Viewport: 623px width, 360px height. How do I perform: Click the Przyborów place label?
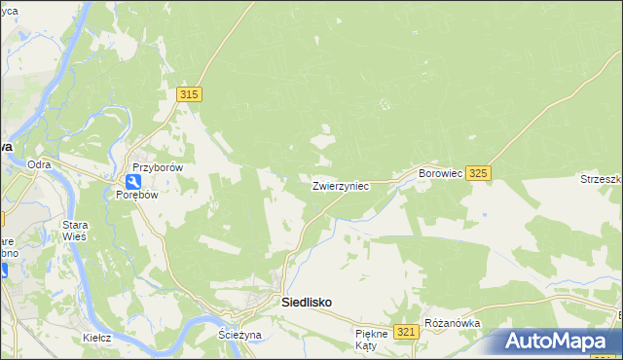click(x=159, y=166)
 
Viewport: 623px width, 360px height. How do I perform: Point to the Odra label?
click(x=39, y=164)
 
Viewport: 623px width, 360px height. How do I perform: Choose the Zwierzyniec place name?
click(x=340, y=185)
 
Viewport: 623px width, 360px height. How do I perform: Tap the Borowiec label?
click(x=438, y=173)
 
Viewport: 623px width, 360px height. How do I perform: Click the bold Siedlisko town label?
click(x=306, y=303)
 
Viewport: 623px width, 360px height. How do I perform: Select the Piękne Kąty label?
click(x=372, y=339)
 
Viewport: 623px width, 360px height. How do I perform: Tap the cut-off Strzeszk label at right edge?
click(x=602, y=179)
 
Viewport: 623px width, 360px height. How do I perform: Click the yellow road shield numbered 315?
click(x=189, y=93)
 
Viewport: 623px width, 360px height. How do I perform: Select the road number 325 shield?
click(x=478, y=172)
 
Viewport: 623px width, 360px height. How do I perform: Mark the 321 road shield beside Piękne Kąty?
click(x=407, y=333)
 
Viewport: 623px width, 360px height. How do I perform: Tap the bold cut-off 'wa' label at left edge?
click(x=6, y=145)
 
